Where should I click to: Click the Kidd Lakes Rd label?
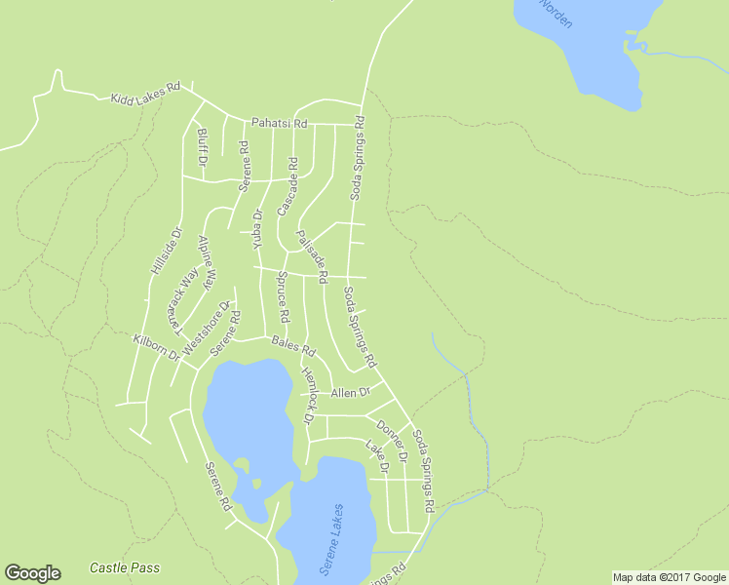(146, 93)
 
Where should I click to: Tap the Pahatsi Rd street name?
(279, 124)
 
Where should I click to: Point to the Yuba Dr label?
(258, 227)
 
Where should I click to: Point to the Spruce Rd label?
(282, 297)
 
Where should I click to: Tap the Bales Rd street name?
(293, 343)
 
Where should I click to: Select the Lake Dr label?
(377, 457)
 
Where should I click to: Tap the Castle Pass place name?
(124, 567)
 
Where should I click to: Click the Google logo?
(32, 573)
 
